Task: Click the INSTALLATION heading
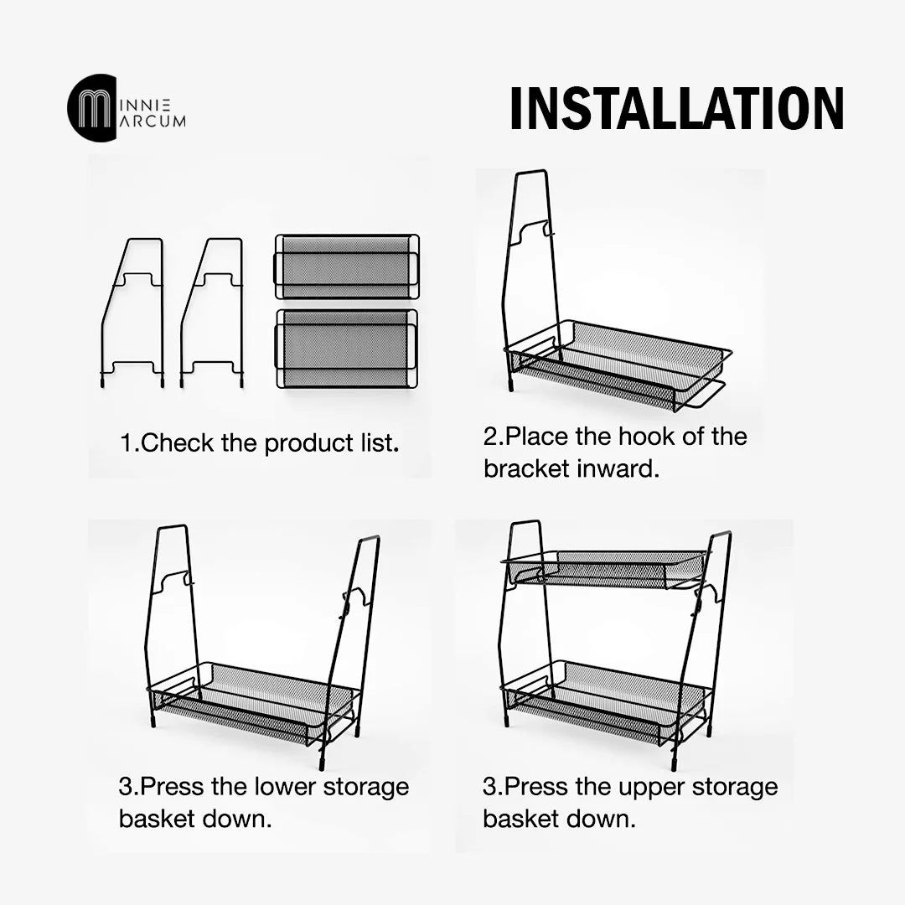click(677, 108)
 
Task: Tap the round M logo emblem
click(92, 106)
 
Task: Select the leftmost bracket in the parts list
click(132, 313)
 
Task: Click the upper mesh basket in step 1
click(347, 266)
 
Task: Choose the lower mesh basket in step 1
click(347, 349)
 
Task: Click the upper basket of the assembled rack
click(606, 568)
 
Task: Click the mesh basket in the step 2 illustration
click(618, 365)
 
